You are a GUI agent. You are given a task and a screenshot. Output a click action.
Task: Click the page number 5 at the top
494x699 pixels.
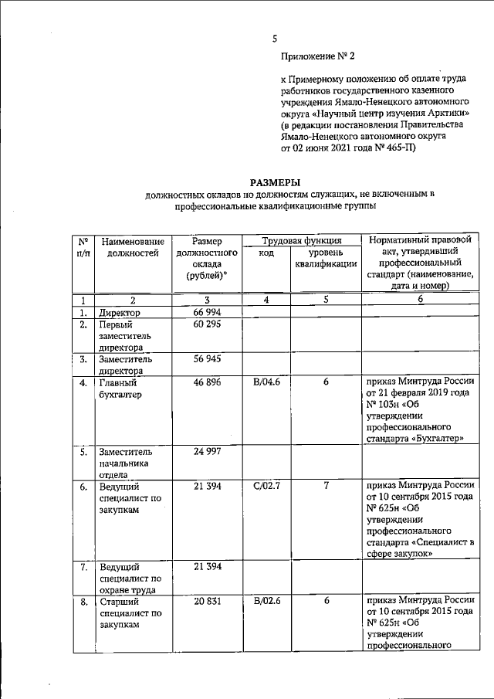coord(275,39)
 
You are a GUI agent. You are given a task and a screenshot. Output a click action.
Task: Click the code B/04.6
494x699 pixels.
coord(266,382)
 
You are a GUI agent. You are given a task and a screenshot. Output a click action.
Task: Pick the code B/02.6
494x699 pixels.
coord(266,600)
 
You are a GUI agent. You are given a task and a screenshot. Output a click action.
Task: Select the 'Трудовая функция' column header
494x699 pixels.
coord(302,240)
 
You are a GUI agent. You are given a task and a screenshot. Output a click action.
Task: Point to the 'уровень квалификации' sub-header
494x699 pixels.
coord(326,259)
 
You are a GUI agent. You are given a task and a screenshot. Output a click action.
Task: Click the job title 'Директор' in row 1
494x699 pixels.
coord(120,312)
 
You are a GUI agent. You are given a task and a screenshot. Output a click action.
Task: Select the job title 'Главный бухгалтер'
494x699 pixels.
coord(123,389)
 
